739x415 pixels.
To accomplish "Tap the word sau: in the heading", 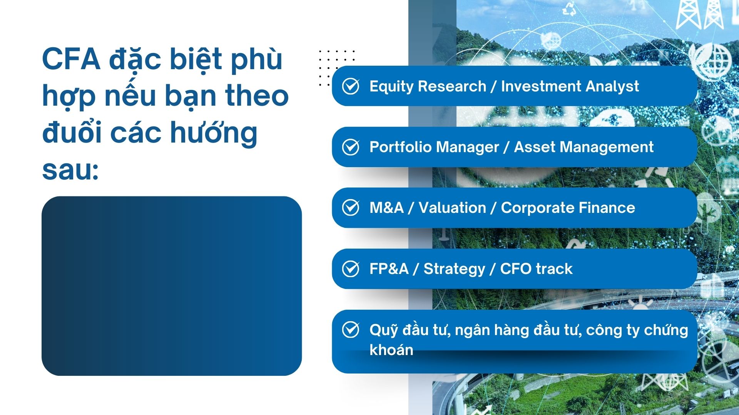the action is (x=70, y=169).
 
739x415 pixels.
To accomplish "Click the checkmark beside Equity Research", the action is (x=351, y=86).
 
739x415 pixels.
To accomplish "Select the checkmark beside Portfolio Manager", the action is (x=351, y=147).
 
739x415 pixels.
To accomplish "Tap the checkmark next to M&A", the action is (x=351, y=207).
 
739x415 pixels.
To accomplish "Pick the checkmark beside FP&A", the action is (x=351, y=269).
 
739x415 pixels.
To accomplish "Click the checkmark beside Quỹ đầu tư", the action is (x=351, y=330).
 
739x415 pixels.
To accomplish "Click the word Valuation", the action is (x=452, y=207).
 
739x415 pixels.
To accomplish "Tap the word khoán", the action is (x=391, y=350).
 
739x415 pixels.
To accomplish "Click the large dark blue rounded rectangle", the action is (x=172, y=286).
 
